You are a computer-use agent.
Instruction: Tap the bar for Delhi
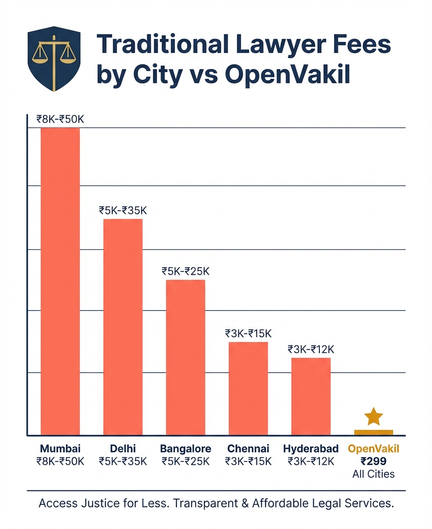point(123,326)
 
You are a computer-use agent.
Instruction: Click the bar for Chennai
point(248,388)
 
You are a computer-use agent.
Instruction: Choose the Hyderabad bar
point(311,396)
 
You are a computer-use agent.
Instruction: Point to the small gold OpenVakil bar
point(373,433)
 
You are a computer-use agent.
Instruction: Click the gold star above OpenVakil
point(373,416)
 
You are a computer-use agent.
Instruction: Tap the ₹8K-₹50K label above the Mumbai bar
point(60,119)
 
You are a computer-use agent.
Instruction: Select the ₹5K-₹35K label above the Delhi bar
point(123,210)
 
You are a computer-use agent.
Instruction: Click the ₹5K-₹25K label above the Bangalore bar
point(186,271)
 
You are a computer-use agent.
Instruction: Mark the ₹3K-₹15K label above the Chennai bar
point(248,333)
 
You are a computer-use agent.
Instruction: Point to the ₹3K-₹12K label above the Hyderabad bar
point(311,349)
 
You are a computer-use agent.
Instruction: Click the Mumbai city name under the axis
point(60,449)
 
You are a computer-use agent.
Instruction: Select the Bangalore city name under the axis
point(186,449)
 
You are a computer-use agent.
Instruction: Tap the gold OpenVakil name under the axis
point(373,449)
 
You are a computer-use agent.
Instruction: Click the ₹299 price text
point(373,461)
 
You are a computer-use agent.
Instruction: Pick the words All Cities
point(373,474)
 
